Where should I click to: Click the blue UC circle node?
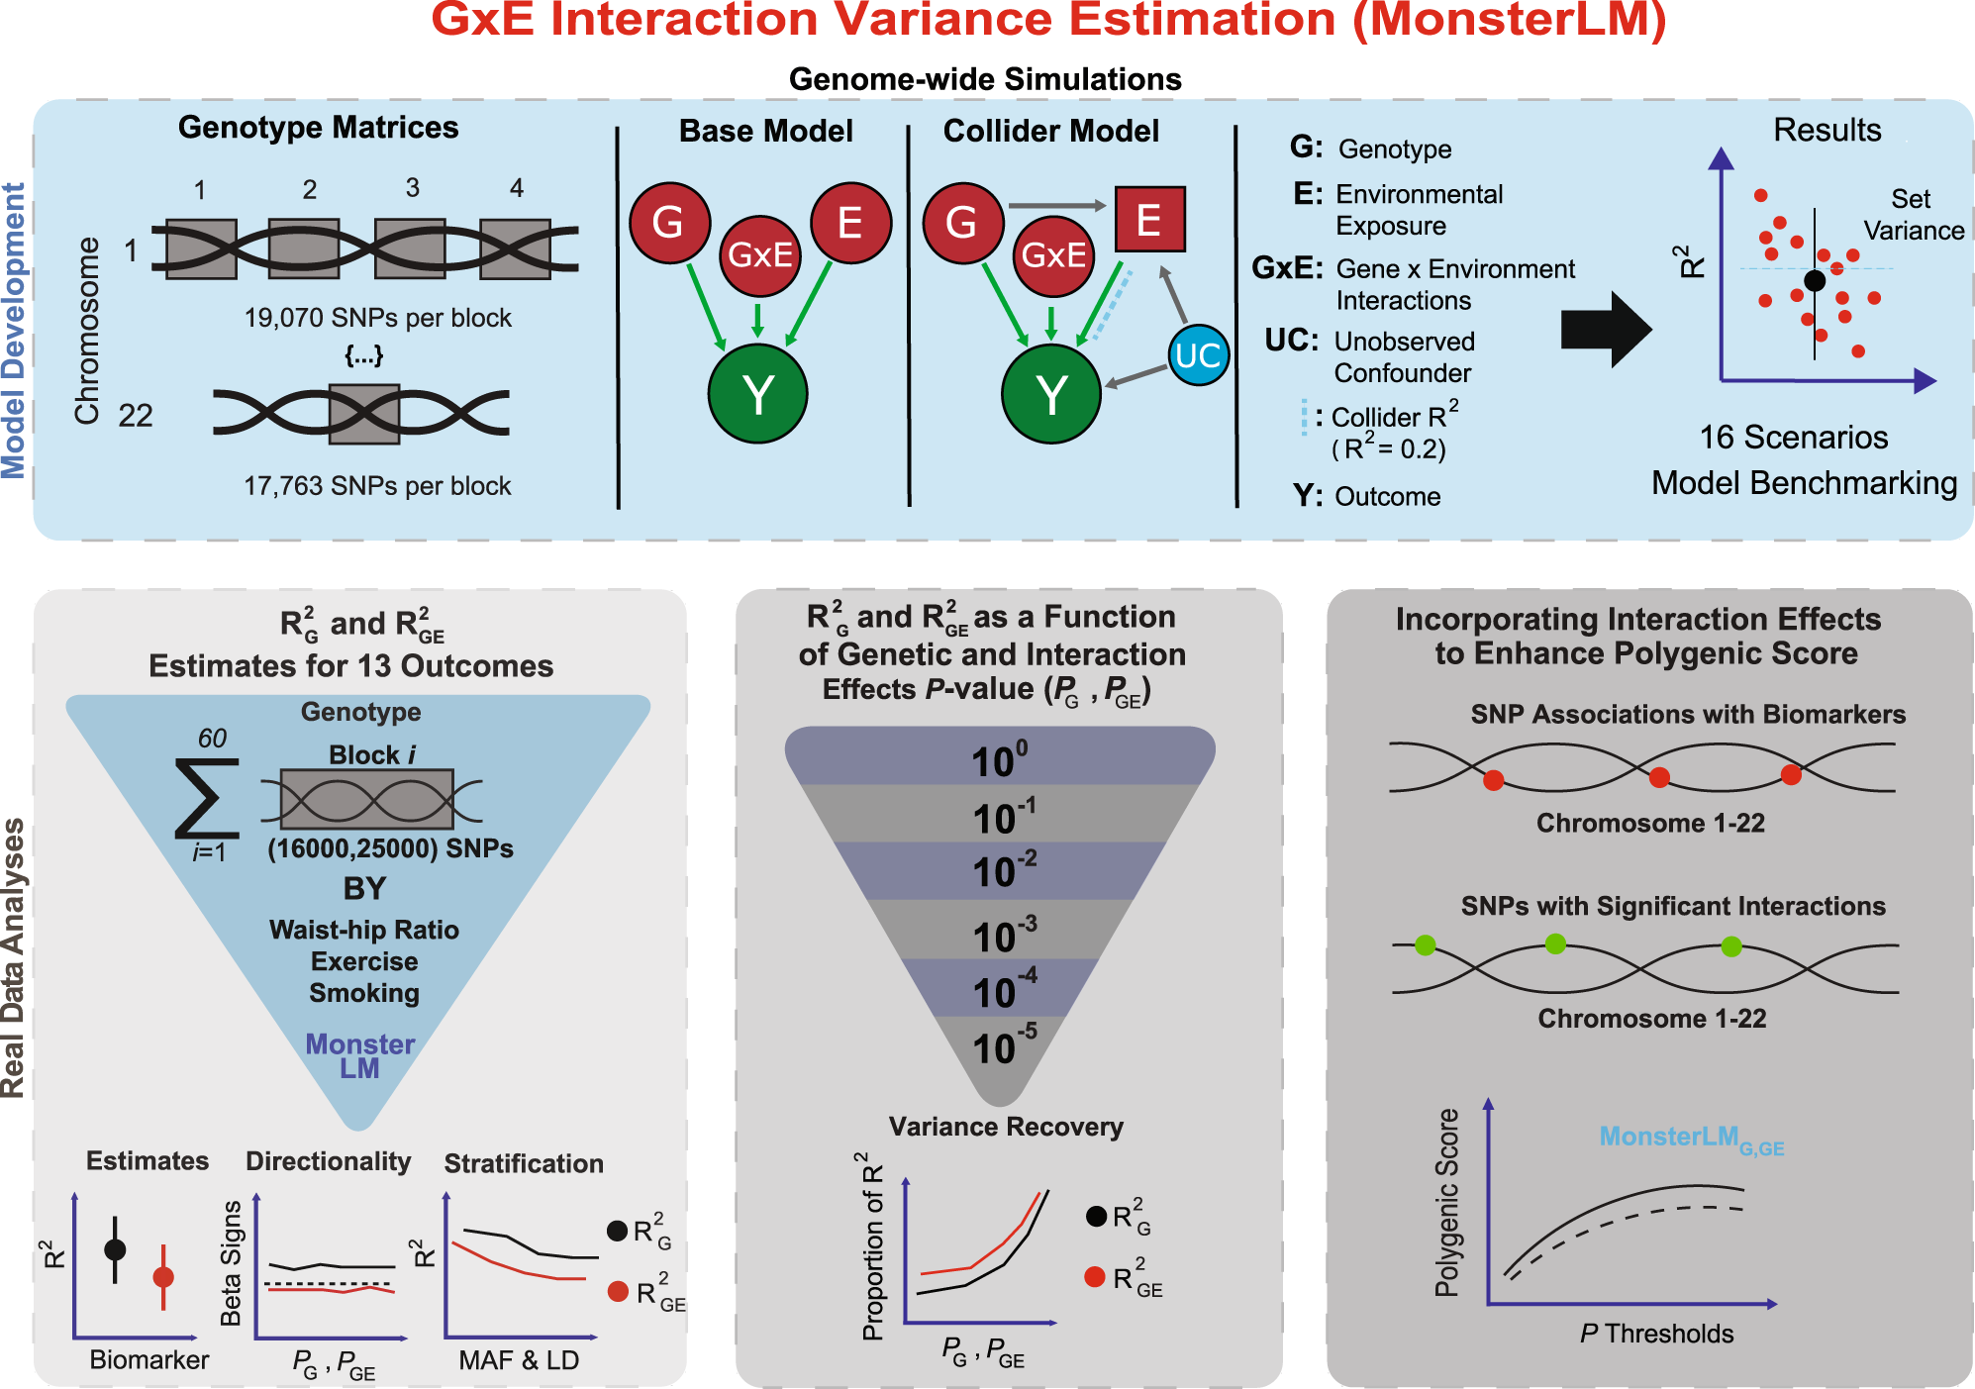tap(1198, 354)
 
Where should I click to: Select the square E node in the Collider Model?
tap(1148, 220)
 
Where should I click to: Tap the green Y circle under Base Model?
tap(757, 394)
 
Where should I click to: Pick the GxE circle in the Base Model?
tap(759, 255)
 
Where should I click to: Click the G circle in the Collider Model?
tap(962, 223)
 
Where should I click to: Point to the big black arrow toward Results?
tap(1604, 330)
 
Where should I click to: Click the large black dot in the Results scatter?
tap(1815, 280)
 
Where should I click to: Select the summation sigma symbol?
tap(206, 798)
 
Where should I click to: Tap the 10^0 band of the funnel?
tap(1000, 758)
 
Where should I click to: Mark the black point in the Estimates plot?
tap(115, 1249)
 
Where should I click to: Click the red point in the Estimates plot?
tap(163, 1277)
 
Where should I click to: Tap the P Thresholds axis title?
tap(1656, 1334)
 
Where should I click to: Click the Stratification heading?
tap(523, 1163)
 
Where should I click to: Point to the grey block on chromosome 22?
tap(364, 414)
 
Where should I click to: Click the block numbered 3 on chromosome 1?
tap(411, 248)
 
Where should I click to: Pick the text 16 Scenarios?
tap(1793, 438)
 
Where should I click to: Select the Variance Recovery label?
tap(1006, 1127)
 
